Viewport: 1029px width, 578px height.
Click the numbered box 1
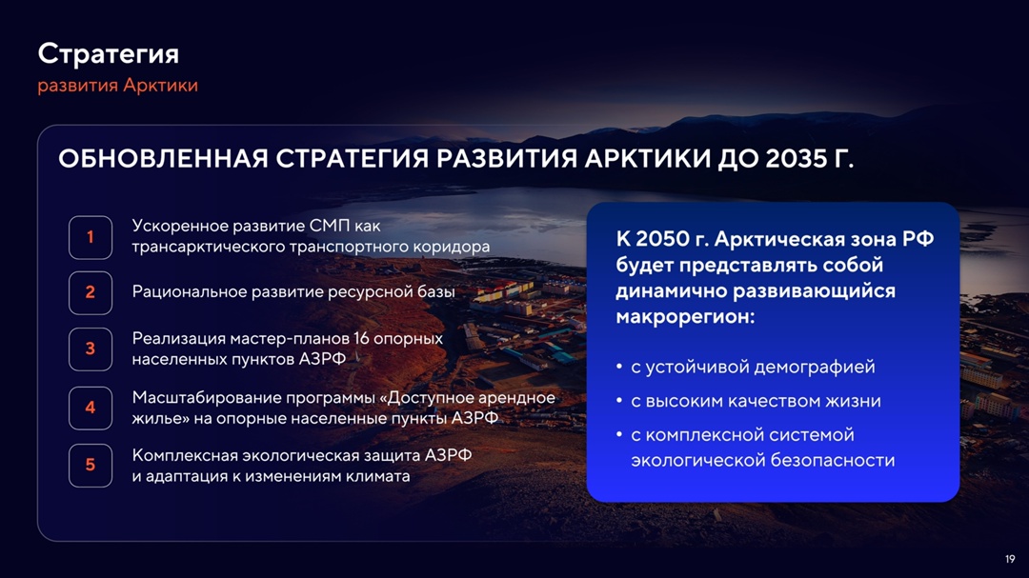coord(91,237)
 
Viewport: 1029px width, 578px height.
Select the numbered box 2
coord(91,292)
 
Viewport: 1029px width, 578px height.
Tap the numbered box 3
coord(91,349)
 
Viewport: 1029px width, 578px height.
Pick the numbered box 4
coord(91,408)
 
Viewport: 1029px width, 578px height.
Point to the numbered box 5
coord(91,465)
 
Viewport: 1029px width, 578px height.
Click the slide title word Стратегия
coord(108,53)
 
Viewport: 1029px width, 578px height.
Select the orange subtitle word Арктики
coord(160,86)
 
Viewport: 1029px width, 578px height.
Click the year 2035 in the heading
coord(796,159)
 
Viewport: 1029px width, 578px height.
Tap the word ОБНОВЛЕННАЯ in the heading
coord(163,159)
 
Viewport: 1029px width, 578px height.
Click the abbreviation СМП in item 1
coord(330,227)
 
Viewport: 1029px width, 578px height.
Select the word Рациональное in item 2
coord(190,292)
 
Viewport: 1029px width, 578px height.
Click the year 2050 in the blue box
coord(661,239)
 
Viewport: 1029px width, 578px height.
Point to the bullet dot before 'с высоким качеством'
coord(620,402)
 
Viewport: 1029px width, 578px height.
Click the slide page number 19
coord(1010,559)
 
